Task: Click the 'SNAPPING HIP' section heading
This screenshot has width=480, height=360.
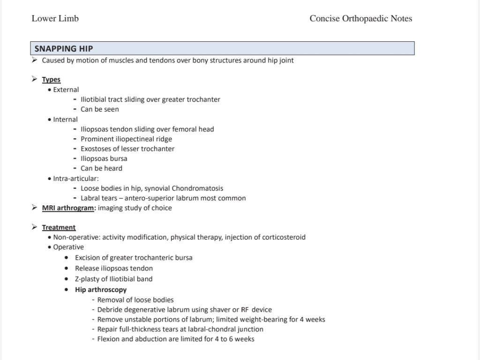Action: point(64,48)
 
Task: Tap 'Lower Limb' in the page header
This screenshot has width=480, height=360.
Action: point(55,19)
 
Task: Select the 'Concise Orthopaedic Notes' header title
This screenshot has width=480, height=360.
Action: point(360,19)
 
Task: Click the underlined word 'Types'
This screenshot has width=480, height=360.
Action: point(51,80)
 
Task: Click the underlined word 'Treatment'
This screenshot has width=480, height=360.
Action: point(59,227)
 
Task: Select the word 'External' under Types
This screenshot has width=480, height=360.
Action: point(66,90)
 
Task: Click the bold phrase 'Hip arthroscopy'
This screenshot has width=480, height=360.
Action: point(101,290)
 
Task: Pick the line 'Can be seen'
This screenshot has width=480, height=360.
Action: point(100,109)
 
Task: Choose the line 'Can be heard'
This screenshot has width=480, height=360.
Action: point(101,168)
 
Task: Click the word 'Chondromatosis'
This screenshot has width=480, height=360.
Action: point(197,188)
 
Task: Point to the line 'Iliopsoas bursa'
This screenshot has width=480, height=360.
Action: point(104,158)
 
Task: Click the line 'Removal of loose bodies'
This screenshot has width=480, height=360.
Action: point(135,300)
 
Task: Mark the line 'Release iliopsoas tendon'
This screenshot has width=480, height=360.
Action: point(114,269)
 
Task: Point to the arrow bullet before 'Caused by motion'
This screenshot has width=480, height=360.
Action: point(34,60)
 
